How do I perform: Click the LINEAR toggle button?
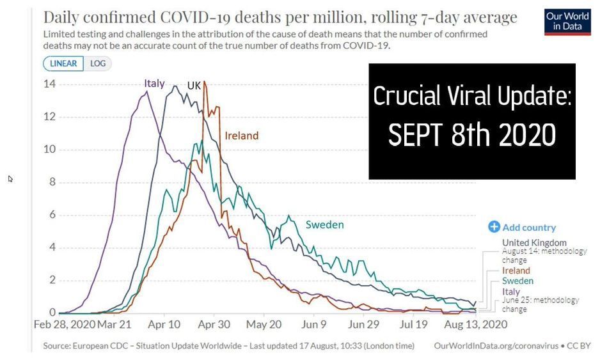pos(63,63)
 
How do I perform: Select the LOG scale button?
pos(97,63)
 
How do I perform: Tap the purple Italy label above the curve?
pos(154,83)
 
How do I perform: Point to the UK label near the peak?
pos(194,85)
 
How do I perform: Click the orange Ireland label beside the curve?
pos(241,136)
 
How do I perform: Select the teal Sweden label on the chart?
pos(324,224)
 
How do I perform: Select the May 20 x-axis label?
pos(264,324)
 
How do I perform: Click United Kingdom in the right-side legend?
pos(534,242)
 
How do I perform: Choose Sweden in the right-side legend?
pos(517,281)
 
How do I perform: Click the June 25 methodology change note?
pos(540,304)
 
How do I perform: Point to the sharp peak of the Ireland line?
pos(204,82)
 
